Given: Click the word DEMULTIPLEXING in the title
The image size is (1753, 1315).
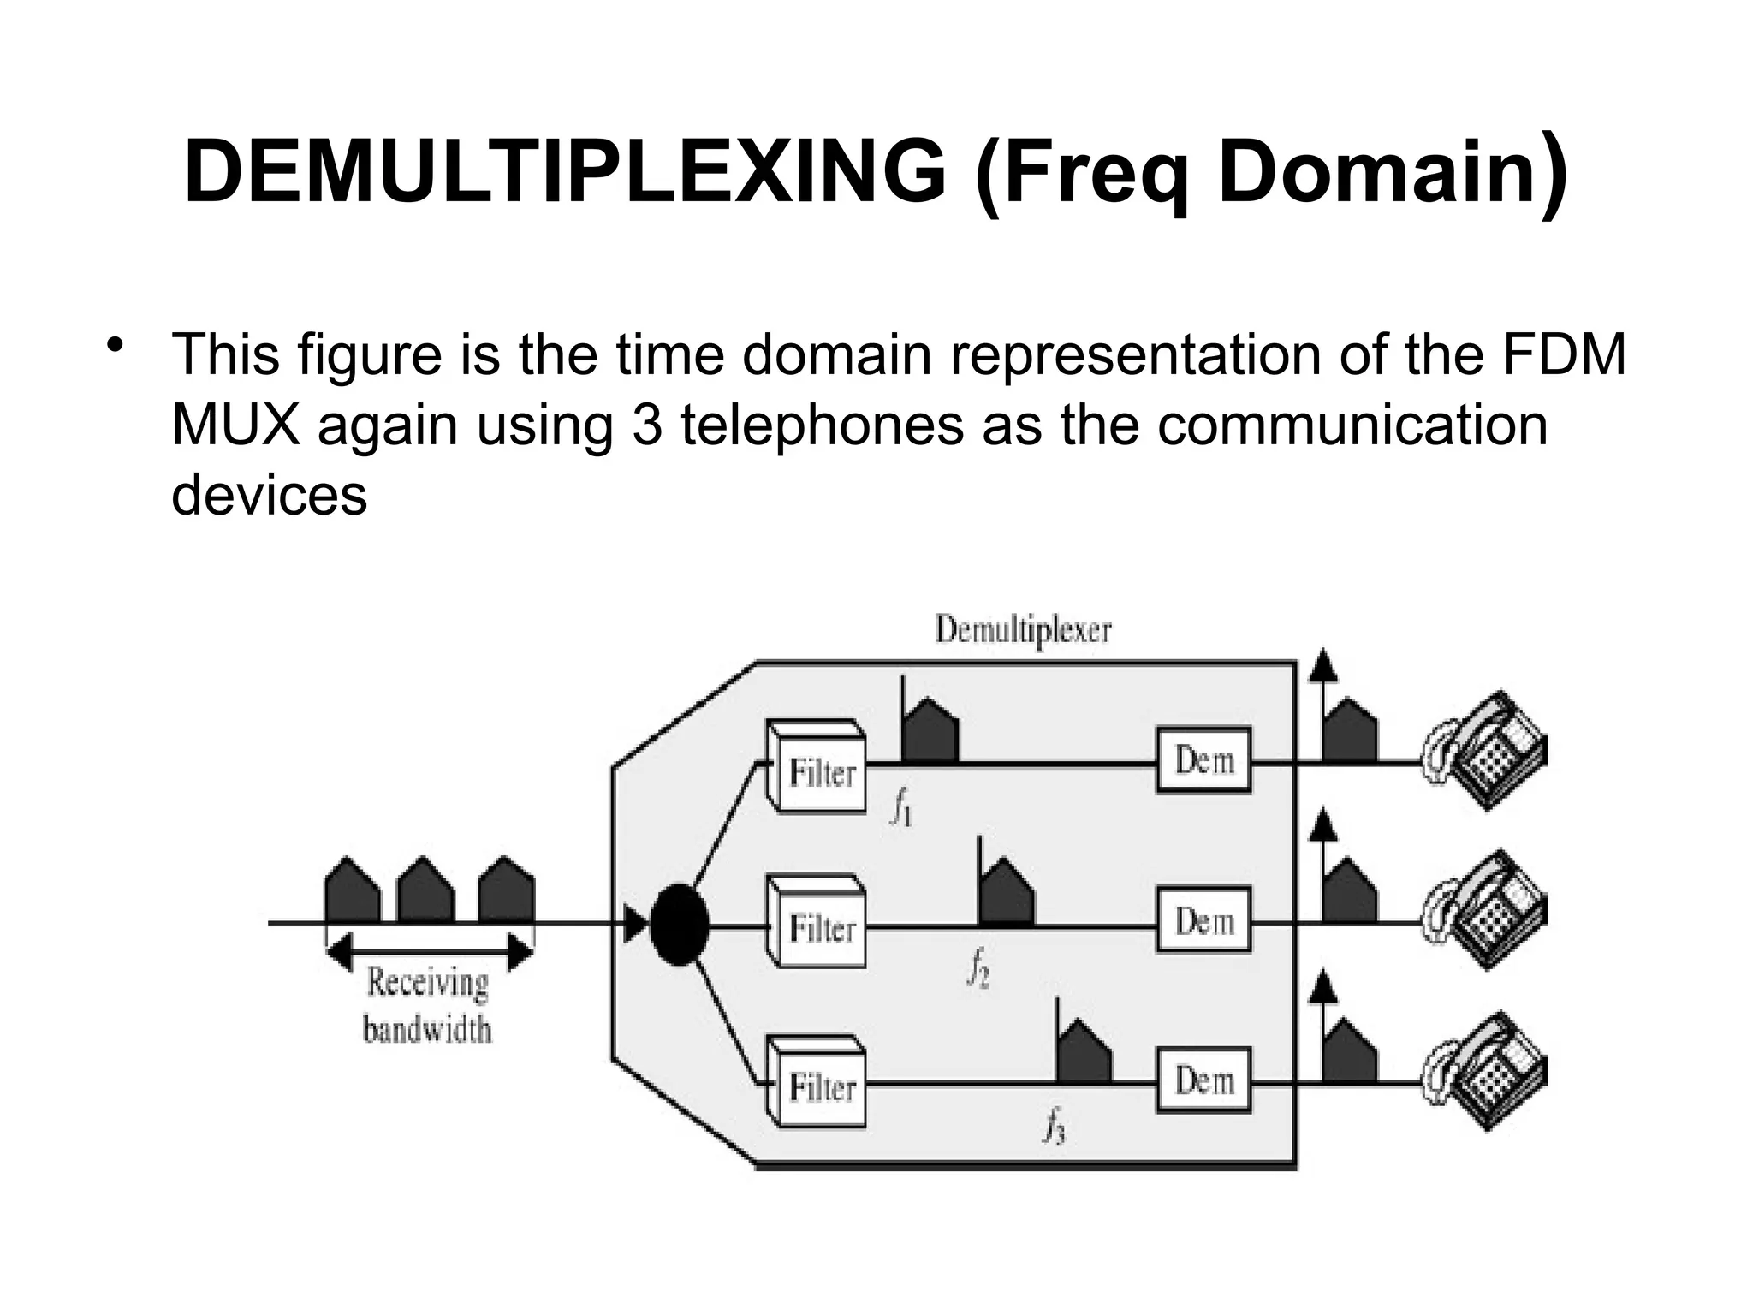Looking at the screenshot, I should [x=565, y=173].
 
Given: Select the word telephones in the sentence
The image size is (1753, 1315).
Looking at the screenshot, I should [x=822, y=425].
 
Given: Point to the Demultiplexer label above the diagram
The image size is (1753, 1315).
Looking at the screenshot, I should [x=1023, y=631].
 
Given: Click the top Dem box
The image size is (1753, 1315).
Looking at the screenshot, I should [x=1203, y=760].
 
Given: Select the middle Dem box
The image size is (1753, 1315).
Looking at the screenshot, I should [x=1203, y=921].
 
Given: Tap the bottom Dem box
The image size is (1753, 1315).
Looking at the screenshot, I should [x=1203, y=1080].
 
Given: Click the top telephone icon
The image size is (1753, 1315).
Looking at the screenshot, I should [x=1485, y=752].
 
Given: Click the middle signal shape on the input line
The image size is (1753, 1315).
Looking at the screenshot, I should [x=426, y=892].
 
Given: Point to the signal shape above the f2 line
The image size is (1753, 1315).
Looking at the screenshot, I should [x=1007, y=896].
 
